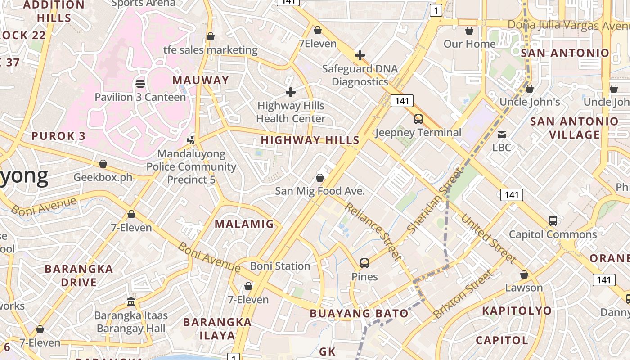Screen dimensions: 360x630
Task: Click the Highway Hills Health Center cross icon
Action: point(291,92)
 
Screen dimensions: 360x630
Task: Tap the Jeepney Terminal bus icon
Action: point(418,119)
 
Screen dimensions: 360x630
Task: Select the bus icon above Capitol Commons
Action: point(553,221)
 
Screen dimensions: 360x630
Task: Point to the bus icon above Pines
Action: point(364,263)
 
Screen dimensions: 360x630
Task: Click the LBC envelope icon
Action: point(502,134)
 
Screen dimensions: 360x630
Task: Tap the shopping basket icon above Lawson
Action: point(524,274)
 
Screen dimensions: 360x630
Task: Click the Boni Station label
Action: point(280,266)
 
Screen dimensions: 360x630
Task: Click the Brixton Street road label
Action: point(463,294)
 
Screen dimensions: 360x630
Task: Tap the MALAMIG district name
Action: point(244,224)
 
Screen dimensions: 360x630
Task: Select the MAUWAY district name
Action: point(201,80)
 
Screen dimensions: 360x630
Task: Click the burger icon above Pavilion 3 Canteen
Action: point(140,84)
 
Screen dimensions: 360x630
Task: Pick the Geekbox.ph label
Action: point(103,177)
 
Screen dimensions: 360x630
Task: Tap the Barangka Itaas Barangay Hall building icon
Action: point(131,301)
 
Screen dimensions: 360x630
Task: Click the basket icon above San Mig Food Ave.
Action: point(320,178)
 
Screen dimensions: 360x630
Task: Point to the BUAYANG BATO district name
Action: point(359,313)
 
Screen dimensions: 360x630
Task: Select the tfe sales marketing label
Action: point(210,49)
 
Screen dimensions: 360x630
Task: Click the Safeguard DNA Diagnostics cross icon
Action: point(360,55)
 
